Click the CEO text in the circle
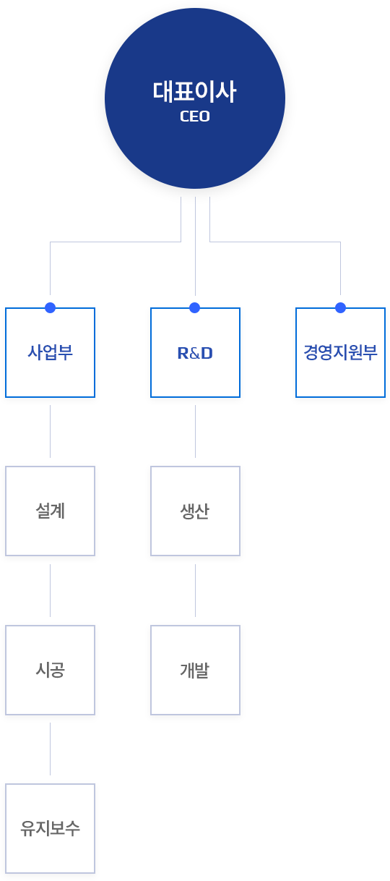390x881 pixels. [x=195, y=116]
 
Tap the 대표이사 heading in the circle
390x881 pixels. [x=195, y=92]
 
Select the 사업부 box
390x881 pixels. [x=51, y=352]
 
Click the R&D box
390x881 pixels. [x=195, y=352]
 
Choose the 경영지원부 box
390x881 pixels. [x=340, y=352]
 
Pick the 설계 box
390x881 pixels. [x=51, y=511]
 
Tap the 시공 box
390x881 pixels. [x=51, y=670]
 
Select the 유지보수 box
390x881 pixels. [x=51, y=828]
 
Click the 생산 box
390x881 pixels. [x=195, y=511]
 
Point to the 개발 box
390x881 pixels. [x=195, y=670]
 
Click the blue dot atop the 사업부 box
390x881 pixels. [x=51, y=307]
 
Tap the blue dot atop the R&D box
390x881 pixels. [x=195, y=307]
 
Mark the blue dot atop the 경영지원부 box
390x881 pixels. [x=340, y=307]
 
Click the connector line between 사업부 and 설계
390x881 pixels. [x=51, y=431]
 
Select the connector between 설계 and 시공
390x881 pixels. [x=51, y=590]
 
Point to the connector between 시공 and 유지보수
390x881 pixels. [x=51, y=749]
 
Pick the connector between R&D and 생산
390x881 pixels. [x=195, y=431]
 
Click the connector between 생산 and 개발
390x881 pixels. [x=195, y=590]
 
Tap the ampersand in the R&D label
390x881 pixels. [x=195, y=353]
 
